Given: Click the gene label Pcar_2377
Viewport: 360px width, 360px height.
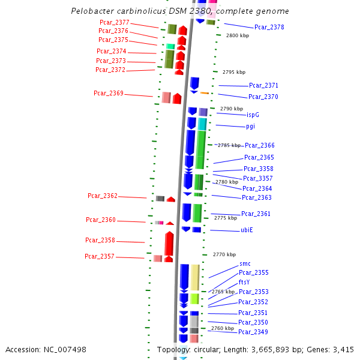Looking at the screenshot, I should click(114, 22).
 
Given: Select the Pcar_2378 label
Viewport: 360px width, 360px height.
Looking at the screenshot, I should click(269, 27).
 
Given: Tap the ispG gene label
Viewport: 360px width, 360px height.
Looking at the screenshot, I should click(253, 115).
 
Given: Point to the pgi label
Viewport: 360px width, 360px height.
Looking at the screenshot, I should click(250, 126).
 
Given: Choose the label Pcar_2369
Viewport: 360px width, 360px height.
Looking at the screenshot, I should click(109, 93).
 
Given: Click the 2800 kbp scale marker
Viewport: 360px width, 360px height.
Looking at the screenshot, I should click(237, 36).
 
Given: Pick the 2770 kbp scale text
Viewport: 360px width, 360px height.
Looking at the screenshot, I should click(224, 254).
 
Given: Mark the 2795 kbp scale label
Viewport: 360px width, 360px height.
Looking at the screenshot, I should click(233, 72).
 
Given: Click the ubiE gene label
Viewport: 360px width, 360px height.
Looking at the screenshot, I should click(247, 230).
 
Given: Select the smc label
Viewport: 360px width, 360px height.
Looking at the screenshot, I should click(245, 263).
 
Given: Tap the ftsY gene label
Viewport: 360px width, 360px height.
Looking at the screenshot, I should click(244, 282).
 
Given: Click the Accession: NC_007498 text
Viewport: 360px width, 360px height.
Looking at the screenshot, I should click(46, 349).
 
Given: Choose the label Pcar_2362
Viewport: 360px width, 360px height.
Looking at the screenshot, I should click(103, 196).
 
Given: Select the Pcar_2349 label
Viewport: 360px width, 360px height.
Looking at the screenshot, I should click(253, 332).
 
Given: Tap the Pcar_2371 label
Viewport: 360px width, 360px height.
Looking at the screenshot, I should click(263, 86).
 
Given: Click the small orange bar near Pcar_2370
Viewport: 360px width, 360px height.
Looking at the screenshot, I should click(204, 93).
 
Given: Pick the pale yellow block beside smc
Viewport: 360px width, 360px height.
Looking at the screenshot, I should click(195, 277).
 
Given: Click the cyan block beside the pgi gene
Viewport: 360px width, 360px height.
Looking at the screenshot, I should click(202, 124).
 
